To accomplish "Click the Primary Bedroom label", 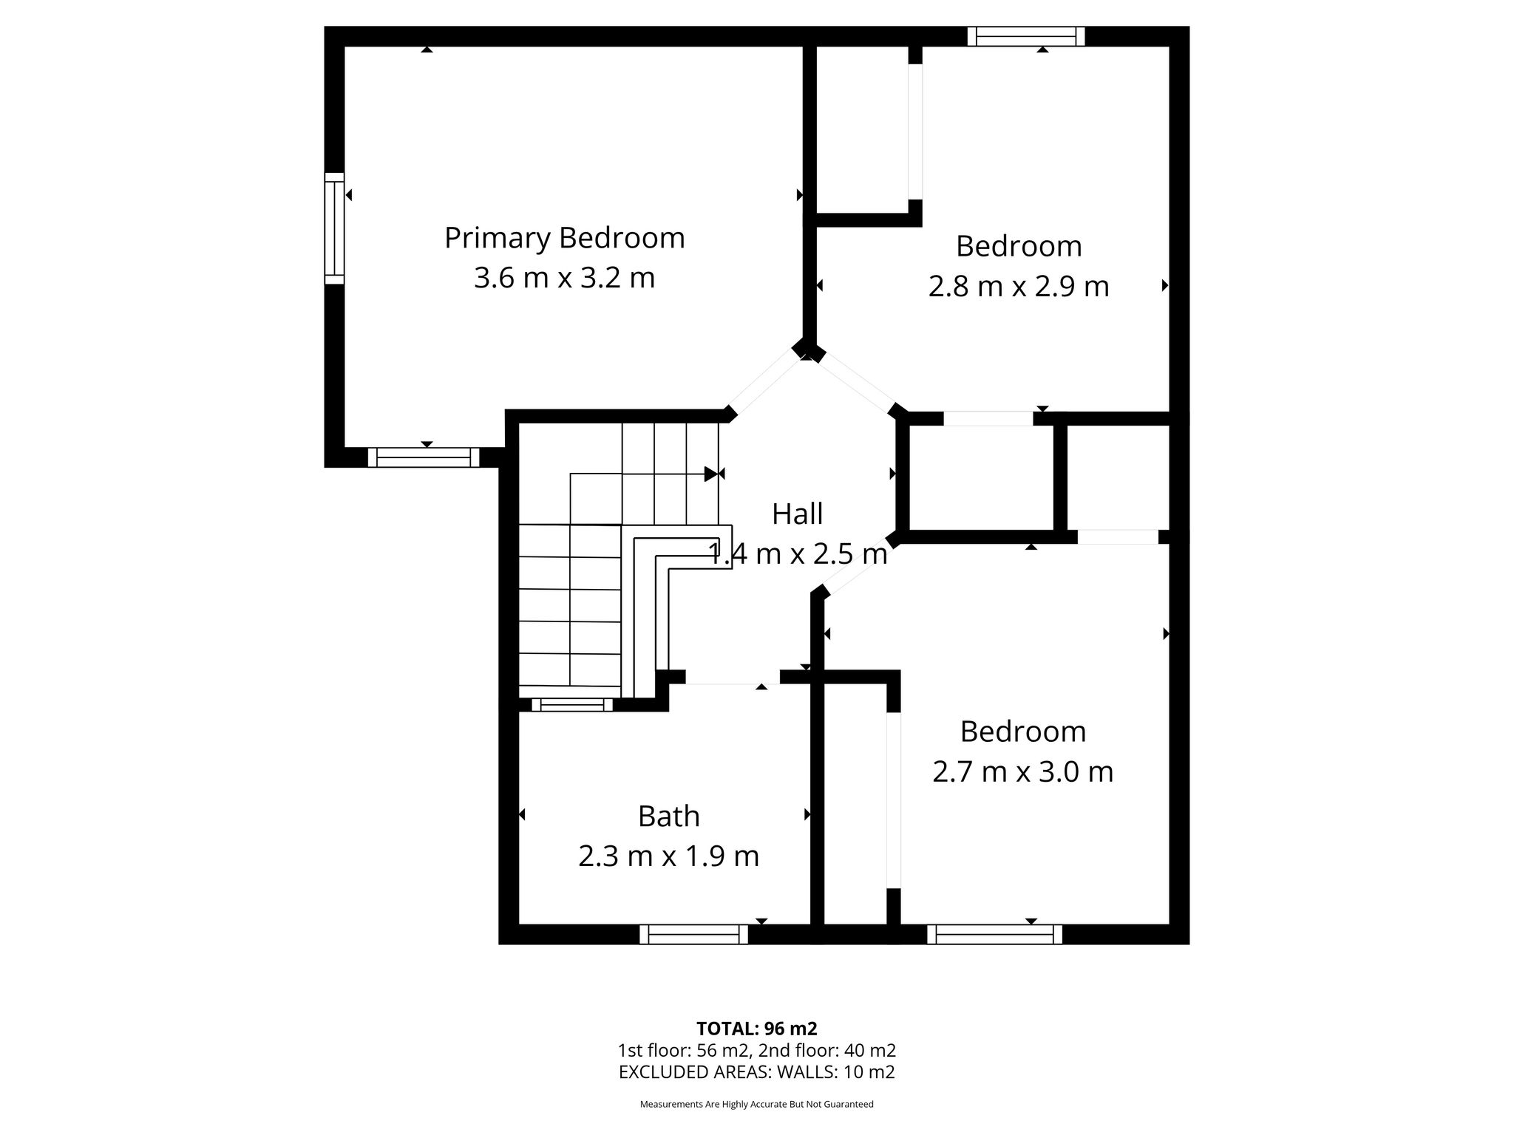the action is (x=565, y=239).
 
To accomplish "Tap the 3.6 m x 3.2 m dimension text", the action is (x=565, y=279).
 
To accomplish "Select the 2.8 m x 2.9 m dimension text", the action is (x=1019, y=286).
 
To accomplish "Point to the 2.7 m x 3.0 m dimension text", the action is (x=1023, y=771).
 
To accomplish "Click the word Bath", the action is (x=669, y=817).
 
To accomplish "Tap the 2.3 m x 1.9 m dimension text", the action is (x=669, y=856).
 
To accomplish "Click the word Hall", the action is (x=798, y=514).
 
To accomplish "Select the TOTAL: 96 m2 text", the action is (x=757, y=1029).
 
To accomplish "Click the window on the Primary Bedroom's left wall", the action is (x=334, y=228).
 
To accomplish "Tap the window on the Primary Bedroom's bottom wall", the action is (x=424, y=457).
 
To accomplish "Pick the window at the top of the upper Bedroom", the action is (x=1026, y=36).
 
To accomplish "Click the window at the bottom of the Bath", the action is (x=694, y=935).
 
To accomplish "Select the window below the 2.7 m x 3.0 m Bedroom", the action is (x=995, y=935).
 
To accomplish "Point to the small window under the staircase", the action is (x=572, y=705).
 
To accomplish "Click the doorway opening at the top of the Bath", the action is (x=733, y=677).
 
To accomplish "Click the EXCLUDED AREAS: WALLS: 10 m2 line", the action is (x=757, y=1072).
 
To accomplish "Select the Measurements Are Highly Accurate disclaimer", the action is (x=757, y=1105).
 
